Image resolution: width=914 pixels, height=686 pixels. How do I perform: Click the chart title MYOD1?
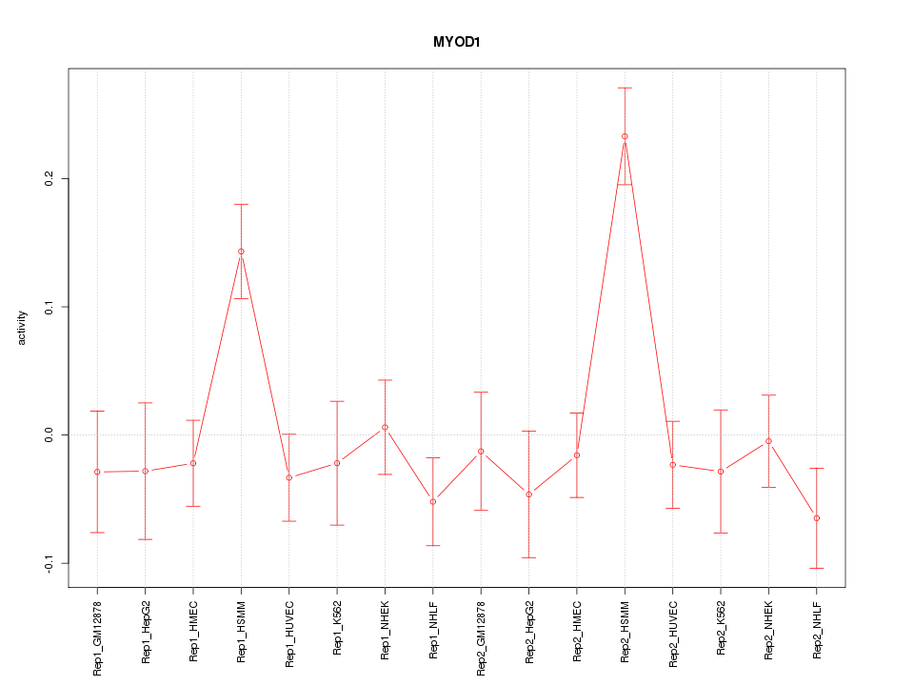tap(456, 43)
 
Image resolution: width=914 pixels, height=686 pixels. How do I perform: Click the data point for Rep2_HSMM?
tap(625, 136)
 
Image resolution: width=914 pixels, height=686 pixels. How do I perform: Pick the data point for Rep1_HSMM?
tap(241, 252)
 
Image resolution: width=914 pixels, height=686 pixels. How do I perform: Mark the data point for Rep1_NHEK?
tap(385, 427)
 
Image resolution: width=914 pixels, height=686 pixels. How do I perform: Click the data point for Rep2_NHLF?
tap(816, 518)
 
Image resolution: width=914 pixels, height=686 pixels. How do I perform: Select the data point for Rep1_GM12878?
tap(97, 472)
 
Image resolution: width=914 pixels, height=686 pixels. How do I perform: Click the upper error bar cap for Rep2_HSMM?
tap(625, 88)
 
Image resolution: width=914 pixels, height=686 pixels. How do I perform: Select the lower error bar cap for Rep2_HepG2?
tap(528, 557)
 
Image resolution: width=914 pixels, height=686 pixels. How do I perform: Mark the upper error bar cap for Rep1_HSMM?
tap(241, 204)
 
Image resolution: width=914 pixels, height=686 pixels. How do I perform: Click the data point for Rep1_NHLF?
tap(433, 501)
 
